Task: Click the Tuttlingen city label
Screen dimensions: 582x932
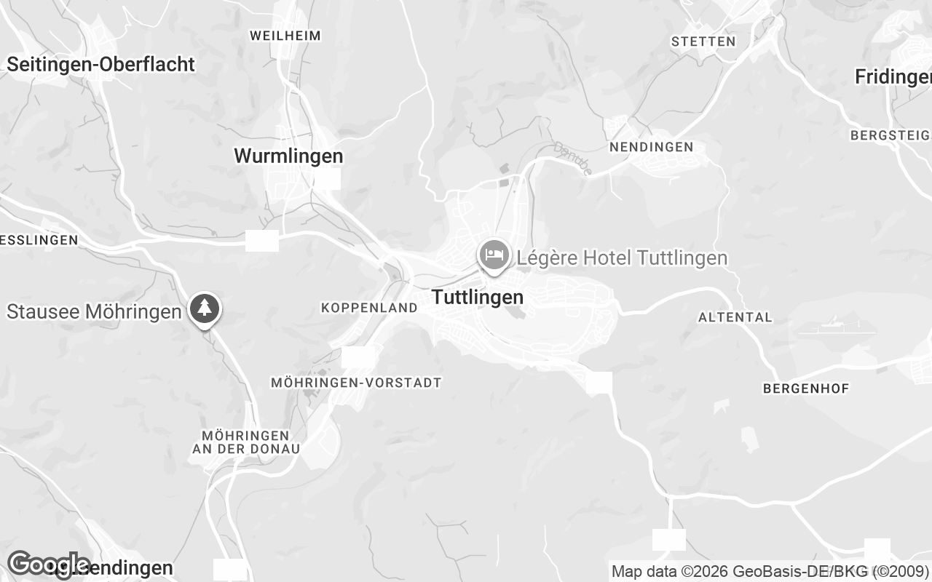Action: point(478,297)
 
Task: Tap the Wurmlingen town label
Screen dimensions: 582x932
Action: point(288,156)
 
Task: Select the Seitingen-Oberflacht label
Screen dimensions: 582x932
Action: point(101,64)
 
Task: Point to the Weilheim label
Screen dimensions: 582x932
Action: point(285,35)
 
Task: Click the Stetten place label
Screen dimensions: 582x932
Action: point(703,41)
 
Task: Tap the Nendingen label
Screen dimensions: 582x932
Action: point(651,147)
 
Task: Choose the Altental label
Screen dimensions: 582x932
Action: point(735,317)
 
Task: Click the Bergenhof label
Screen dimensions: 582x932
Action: point(806,388)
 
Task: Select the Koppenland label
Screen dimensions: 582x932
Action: point(369,308)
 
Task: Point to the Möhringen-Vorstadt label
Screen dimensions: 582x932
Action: point(356,382)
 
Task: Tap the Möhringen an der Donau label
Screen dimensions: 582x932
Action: point(246,442)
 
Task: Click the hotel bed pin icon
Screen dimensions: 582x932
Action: point(494,255)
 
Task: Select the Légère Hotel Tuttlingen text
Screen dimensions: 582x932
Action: point(622,258)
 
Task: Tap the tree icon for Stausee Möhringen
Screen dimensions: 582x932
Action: point(205,308)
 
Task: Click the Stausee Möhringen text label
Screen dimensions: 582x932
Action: point(94,311)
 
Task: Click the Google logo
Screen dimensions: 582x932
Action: point(48,564)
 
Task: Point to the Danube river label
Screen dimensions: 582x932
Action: point(573,158)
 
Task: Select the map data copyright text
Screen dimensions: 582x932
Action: point(770,571)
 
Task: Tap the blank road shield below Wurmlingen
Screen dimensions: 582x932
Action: point(262,241)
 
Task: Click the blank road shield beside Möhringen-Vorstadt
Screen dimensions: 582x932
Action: point(358,356)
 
